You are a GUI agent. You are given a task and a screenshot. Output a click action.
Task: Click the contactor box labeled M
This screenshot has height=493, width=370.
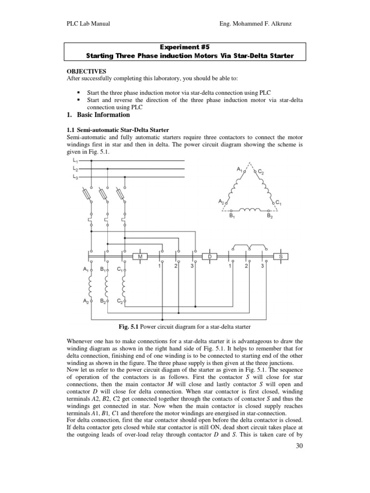click(140, 257)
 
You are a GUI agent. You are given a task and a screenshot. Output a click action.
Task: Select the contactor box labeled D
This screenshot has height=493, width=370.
click(210, 257)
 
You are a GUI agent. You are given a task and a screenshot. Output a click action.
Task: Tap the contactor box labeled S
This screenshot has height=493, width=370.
click(280, 257)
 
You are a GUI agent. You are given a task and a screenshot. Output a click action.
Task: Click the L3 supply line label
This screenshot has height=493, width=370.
click(74, 177)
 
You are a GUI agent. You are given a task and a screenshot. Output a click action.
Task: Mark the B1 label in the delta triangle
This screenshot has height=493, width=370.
click(231, 216)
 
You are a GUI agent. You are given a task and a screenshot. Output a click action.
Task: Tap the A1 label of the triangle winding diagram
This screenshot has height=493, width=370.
click(239, 169)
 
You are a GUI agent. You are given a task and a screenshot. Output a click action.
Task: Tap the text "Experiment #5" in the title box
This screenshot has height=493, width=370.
click(179, 48)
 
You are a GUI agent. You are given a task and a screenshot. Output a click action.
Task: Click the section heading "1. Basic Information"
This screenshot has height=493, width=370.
click(97, 115)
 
